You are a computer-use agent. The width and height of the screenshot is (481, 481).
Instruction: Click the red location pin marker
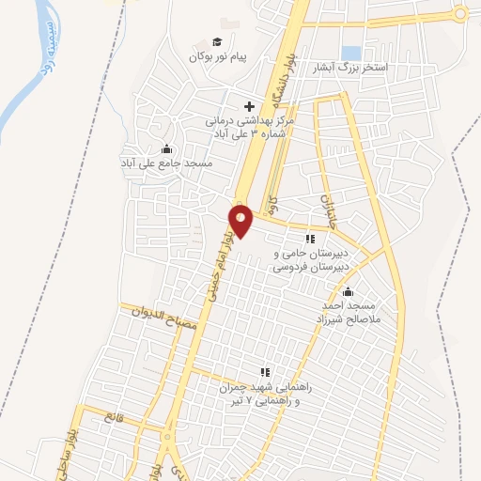[x=241, y=220]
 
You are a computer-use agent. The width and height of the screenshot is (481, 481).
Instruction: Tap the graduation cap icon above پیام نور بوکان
[x=217, y=41]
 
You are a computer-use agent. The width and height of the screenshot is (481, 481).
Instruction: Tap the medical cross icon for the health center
[x=249, y=106]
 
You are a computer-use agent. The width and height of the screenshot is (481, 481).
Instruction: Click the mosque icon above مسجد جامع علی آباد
[x=167, y=147]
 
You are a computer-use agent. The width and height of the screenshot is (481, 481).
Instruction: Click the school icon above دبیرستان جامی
[x=309, y=240]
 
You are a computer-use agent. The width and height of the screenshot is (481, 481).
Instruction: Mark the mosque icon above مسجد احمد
[x=349, y=291]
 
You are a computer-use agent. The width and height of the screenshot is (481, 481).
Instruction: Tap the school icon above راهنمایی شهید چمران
[x=265, y=372]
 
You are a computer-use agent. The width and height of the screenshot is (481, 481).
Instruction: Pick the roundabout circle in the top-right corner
[x=459, y=13]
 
